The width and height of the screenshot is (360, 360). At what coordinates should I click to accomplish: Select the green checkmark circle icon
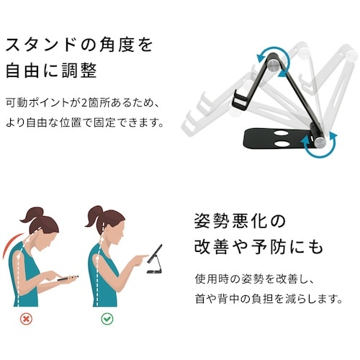pyautogui.click(x=106, y=318)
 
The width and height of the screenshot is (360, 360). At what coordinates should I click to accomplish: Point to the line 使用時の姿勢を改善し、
pyautogui.click(x=249, y=277)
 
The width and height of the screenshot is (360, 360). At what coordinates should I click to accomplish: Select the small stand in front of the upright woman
pyautogui.click(x=154, y=263)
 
